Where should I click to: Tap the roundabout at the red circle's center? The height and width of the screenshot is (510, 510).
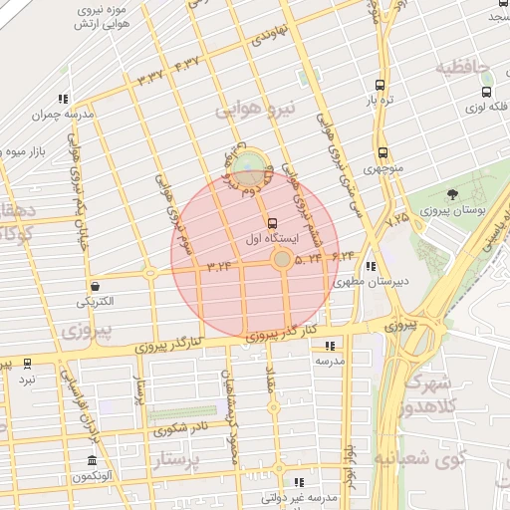coord(283,260)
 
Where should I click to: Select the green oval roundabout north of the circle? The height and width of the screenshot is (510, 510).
coord(252,160)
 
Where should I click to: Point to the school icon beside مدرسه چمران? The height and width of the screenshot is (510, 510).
coord(62,99)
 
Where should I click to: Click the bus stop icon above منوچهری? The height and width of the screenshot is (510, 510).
coord(383,153)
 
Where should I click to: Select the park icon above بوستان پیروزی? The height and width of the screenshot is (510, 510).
coord(453,194)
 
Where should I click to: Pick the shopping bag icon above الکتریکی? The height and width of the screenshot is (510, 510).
coord(94,286)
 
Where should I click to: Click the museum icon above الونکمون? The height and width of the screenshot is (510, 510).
coord(92,461)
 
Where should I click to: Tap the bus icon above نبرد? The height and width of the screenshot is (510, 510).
coord(27,364)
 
